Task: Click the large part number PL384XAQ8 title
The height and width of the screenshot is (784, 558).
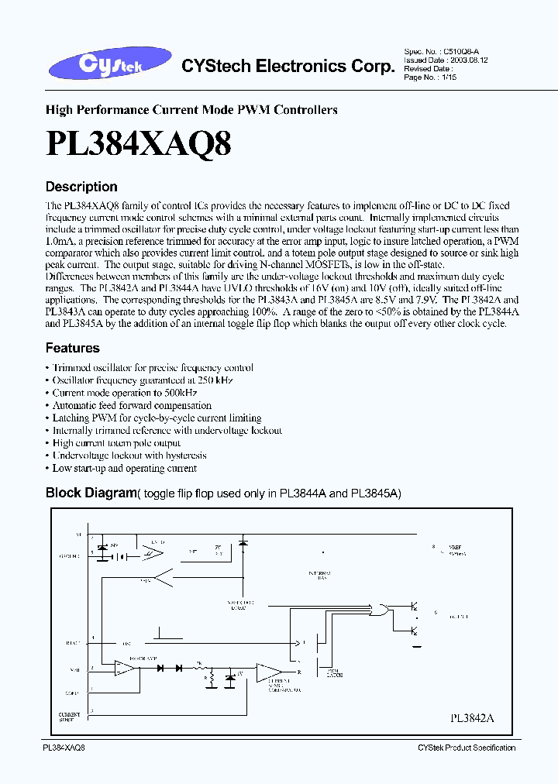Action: [x=139, y=144]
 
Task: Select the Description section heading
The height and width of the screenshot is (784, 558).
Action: [x=81, y=187]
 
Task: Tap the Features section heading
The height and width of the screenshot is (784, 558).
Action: [x=72, y=348]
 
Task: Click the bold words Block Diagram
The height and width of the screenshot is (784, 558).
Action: [x=91, y=493]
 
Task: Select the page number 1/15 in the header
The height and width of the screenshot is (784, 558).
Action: [x=450, y=77]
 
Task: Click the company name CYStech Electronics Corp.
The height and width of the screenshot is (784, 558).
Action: [x=288, y=67]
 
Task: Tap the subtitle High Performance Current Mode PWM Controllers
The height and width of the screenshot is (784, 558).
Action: [x=191, y=110]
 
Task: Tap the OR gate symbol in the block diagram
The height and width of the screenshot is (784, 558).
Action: [x=381, y=610]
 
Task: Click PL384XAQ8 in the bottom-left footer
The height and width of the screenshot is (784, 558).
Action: [x=64, y=747]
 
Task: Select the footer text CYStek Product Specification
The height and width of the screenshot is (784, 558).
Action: [x=466, y=748]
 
